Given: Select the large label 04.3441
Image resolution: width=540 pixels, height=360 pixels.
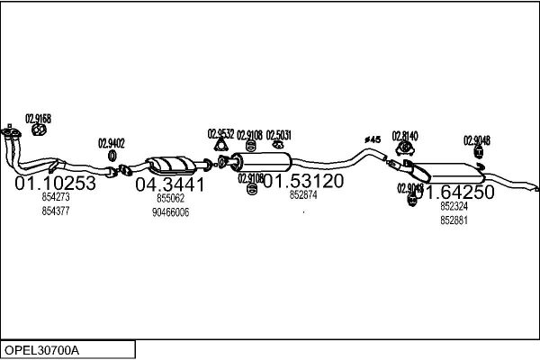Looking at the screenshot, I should coord(170,184).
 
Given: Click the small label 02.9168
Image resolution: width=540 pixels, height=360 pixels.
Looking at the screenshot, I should coord(38,119).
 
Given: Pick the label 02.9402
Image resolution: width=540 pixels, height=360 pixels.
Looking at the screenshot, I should coord(111,143).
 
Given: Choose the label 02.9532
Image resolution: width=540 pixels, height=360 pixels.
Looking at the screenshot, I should coord(220,134).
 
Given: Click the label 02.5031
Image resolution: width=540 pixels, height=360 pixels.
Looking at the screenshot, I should coord(279,135).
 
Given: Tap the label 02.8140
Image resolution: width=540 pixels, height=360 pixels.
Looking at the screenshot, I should coord(405,135).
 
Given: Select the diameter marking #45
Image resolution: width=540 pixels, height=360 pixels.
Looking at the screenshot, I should coord(373,139).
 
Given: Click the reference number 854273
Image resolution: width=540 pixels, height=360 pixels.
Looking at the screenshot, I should coord(56,197).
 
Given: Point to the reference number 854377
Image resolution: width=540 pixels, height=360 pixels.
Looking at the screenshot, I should coord(56,211).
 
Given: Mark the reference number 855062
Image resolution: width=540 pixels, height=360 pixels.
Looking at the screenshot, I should coord(170,198).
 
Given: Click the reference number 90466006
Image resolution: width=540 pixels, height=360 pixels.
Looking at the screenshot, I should coord(170,211).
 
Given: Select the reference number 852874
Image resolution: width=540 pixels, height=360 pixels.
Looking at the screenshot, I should coord(303,194).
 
